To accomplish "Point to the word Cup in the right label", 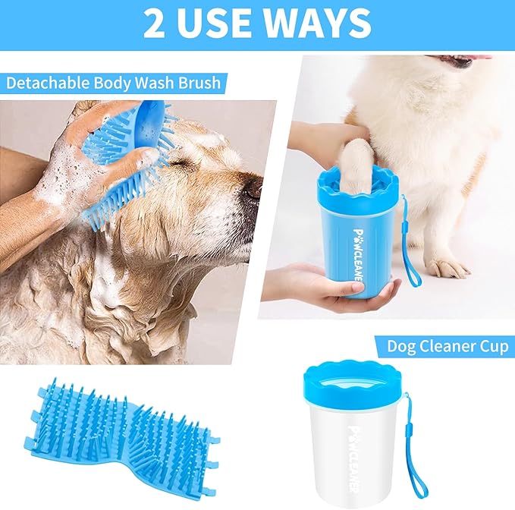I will pos(493,348).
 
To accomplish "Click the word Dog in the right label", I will pos(401,348).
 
